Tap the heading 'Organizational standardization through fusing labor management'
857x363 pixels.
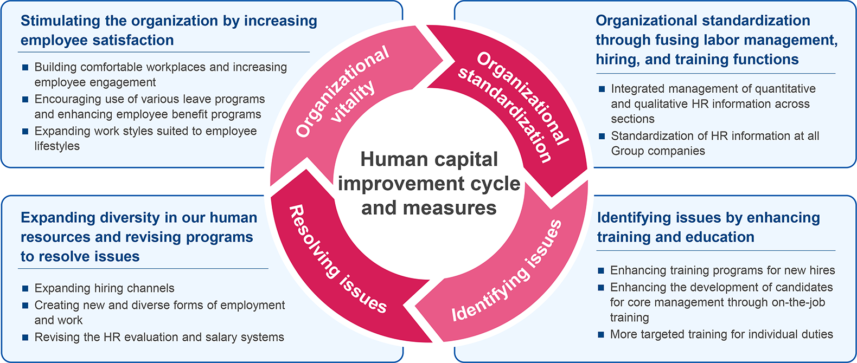tap(717, 40)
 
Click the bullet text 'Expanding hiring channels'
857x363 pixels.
tap(105, 288)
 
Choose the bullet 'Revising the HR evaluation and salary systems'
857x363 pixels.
tap(159, 337)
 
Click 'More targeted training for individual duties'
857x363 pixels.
tap(721, 334)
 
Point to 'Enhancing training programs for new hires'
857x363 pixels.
tap(722, 270)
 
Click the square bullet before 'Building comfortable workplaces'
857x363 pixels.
tap(25, 68)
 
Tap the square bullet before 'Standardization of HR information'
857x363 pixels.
tap(602, 136)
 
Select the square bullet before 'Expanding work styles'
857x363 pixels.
tap(25, 132)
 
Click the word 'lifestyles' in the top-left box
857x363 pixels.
tap(57, 146)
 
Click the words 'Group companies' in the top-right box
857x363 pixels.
tap(658, 151)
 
